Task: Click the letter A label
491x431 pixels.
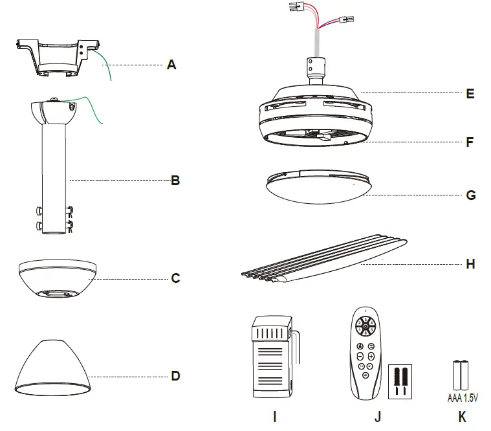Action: (171, 65)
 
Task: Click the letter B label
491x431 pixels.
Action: (175, 181)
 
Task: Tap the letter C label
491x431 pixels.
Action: (175, 279)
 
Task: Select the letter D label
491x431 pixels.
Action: (175, 375)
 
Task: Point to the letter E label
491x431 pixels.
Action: (470, 94)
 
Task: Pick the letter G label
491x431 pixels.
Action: (470, 195)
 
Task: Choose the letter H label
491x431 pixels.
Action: (470, 264)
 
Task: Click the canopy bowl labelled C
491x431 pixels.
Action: (58, 280)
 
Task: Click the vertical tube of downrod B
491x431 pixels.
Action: (54, 175)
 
